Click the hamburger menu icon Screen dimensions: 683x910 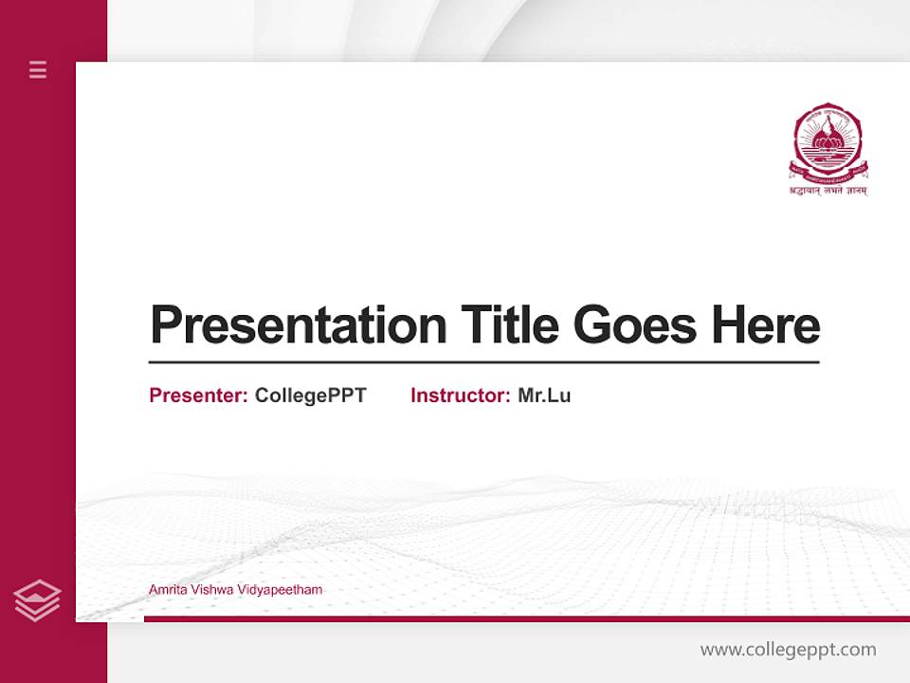[38, 69]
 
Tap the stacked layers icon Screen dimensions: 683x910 [37, 600]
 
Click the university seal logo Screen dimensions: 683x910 [828, 143]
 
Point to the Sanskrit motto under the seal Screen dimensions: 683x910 [828, 190]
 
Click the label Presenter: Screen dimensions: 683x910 [199, 396]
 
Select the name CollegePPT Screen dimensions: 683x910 [310, 396]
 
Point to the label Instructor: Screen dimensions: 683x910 [461, 396]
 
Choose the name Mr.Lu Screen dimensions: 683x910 [544, 396]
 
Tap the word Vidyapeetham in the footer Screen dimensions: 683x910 [282, 590]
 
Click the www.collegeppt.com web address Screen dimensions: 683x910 [788, 650]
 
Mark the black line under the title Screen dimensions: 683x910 [483, 361]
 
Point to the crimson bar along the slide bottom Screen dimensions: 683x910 [526, 619]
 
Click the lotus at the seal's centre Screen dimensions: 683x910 [828, 142]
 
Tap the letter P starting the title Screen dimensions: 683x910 [166, 325]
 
